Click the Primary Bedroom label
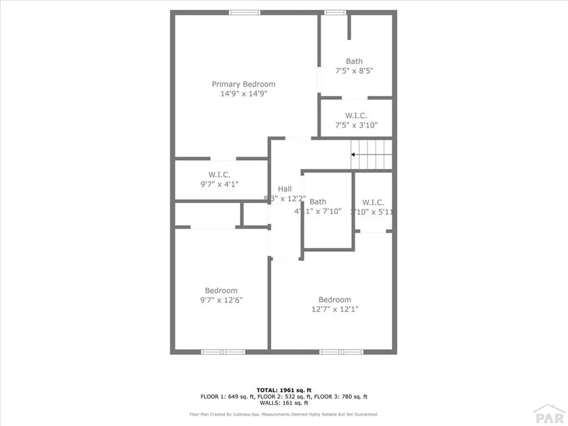click(x=244, y=84)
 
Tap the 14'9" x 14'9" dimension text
click(x=244, y=94)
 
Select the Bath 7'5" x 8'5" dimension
click(x=354, y=71)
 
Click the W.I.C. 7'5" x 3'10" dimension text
click(x=356, y=125)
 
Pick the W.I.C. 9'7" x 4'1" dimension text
click(x=220, y=184)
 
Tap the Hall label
click(x=285, y=189)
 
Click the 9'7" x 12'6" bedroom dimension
click(x=221, y=300)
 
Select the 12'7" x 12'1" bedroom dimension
click(x=334, y=310)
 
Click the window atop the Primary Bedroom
click(x=245, y=13)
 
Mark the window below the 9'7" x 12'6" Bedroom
click(x=223, y=352)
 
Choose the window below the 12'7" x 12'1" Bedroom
click(x=341, y=352)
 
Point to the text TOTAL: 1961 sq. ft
click(x=283, y=390)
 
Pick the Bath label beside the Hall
click(x=318, y=202)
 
